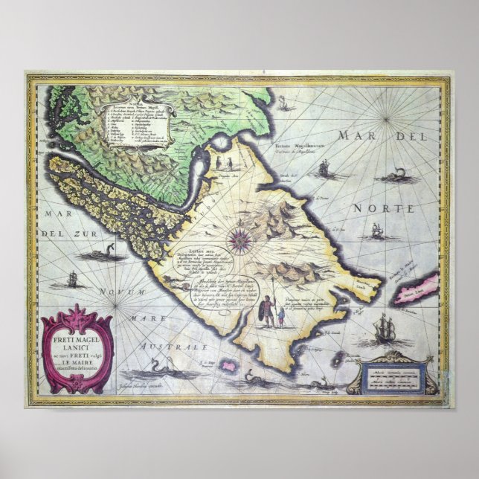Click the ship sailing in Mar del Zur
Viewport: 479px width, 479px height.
pos(71,280)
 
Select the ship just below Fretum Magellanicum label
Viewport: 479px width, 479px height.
pos(324,170)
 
